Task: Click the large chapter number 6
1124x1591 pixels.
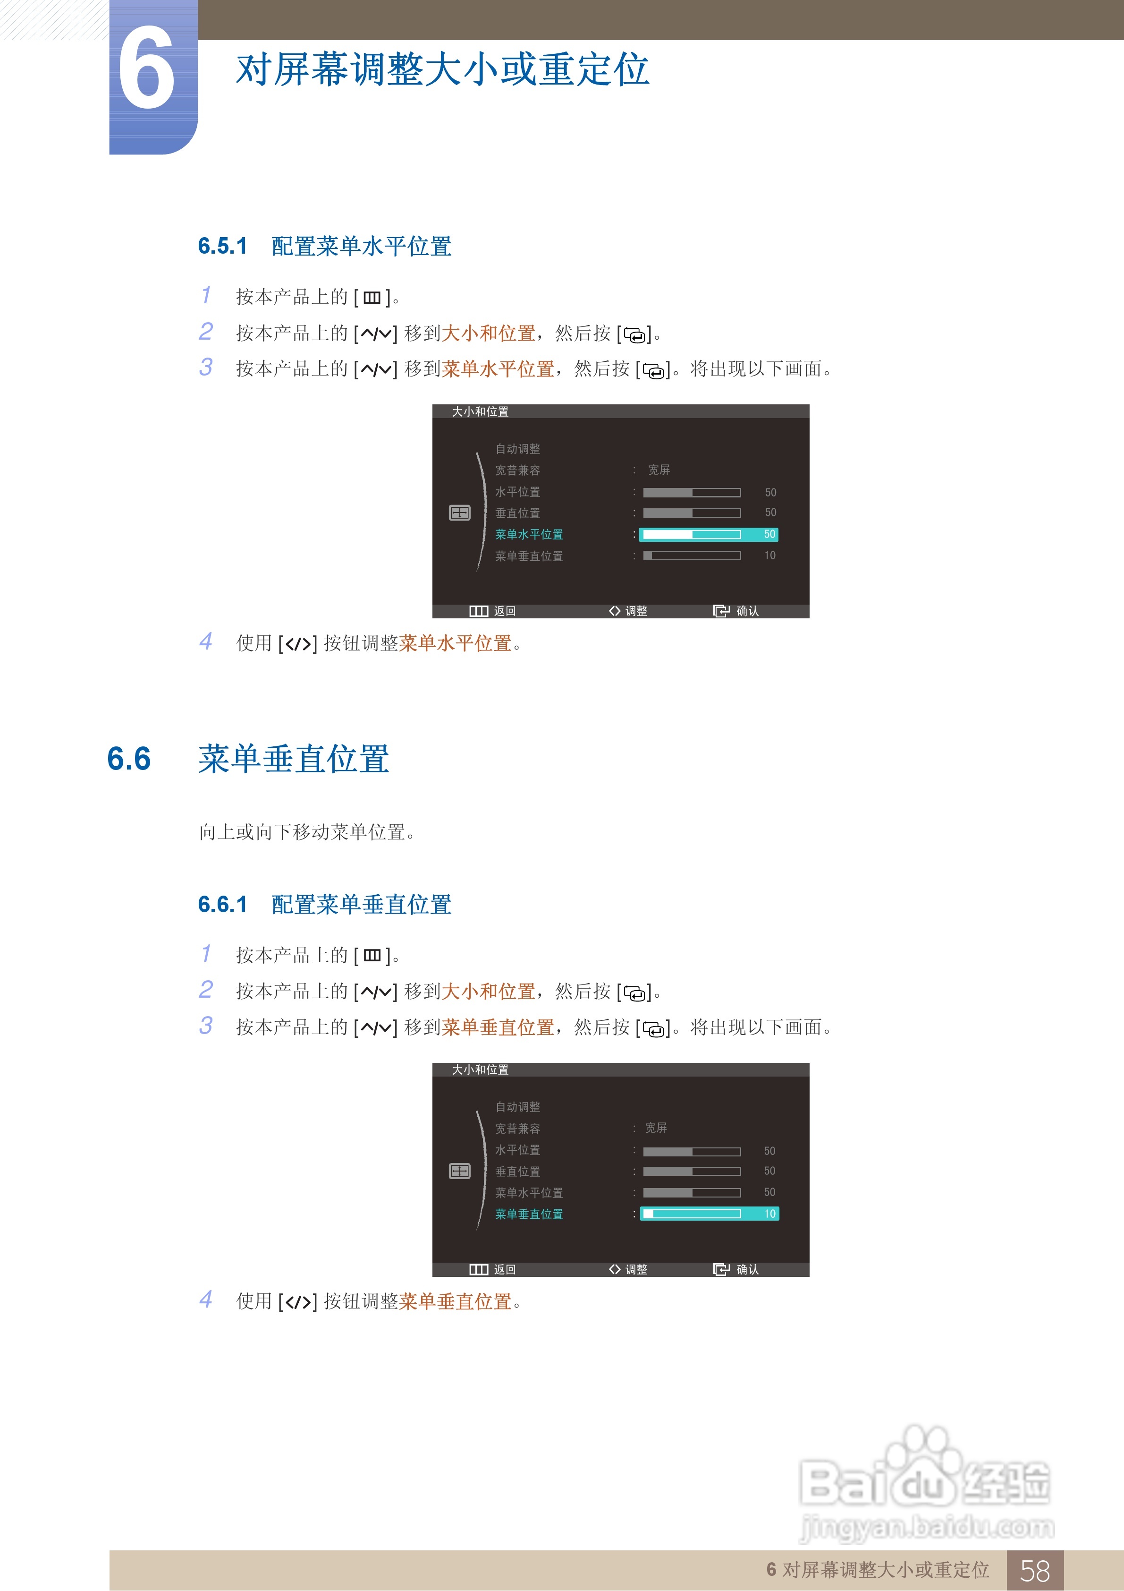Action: pos(146,69)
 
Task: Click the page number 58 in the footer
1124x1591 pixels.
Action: pos(1035,1570)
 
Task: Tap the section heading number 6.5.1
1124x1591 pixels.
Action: pos(222,246)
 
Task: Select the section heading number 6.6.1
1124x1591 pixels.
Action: pos(222,904)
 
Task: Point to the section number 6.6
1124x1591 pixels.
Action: pos(129,759)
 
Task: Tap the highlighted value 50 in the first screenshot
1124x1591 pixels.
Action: pos(769,534)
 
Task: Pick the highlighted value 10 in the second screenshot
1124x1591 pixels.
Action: pos(769,1214)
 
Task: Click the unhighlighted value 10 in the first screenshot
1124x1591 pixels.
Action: pos(769,556)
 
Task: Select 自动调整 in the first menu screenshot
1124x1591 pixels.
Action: pos(517,449)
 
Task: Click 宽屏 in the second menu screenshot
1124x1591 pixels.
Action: pos(655,1128)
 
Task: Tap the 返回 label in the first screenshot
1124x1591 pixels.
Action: pos(504,611)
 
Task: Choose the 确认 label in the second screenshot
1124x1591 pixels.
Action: pos(747,1269)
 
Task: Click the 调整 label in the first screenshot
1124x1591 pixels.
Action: pos(636,611)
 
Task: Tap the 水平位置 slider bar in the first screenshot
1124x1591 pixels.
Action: pos(691,493)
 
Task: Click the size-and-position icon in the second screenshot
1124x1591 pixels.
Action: pos(460,1171)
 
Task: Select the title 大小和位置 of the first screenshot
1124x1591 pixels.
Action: pos(480,411)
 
